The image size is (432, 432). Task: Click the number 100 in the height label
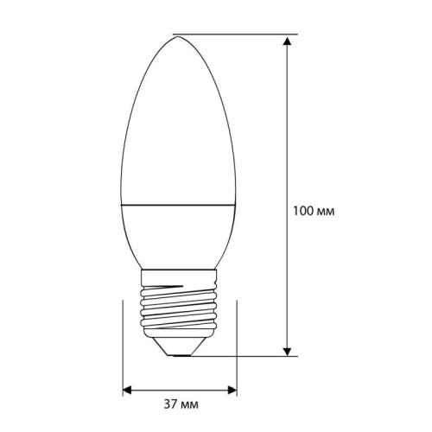(302, 211)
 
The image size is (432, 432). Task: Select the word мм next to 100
(326, 211)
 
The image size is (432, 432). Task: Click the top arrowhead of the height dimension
(286, 40)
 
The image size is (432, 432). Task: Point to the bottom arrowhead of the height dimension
(286, 349)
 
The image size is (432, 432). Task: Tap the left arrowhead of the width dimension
(126, 389)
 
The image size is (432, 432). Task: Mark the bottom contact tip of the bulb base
(180, 352)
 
